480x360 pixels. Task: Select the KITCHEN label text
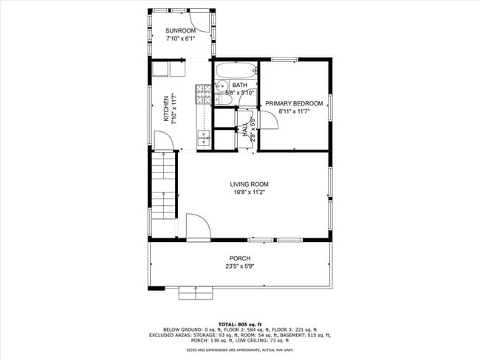[166, 109]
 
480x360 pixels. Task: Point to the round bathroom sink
[220, 86]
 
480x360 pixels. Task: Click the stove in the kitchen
[200, 94]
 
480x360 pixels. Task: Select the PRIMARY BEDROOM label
[294, 104]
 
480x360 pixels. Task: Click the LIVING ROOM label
[249, 184]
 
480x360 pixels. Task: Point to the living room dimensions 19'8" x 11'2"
[249, 193]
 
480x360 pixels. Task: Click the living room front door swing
[196, 227]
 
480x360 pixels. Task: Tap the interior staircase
[164, 186]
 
